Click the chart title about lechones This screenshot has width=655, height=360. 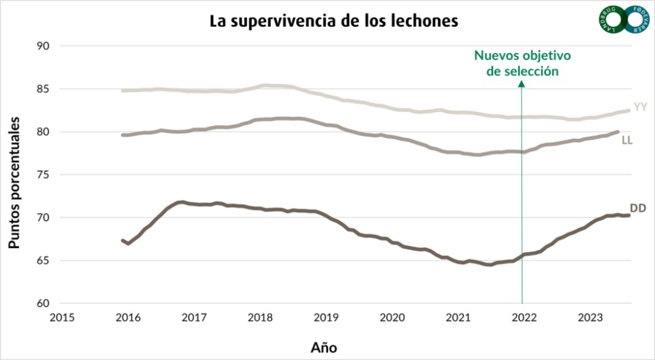tap(333, 20)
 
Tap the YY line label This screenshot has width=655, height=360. tap(641, 107)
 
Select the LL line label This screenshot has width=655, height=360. tap(627, 140)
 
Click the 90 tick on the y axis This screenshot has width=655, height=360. tap(45, 46)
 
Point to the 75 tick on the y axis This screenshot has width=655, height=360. tap(45, 175)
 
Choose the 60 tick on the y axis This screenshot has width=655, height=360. tap(45, 303)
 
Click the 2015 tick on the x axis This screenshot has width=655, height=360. tap(62, 317)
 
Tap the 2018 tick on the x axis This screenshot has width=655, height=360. tap(260, 317)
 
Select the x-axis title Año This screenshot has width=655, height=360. tap(324, 346)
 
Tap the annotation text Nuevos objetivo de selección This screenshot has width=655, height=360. tap(523, 63)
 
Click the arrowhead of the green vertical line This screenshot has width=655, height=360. tap(522, 84)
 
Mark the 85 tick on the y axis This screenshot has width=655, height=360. tap(45, 89)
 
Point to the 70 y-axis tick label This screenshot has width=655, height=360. tap(45, 217)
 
